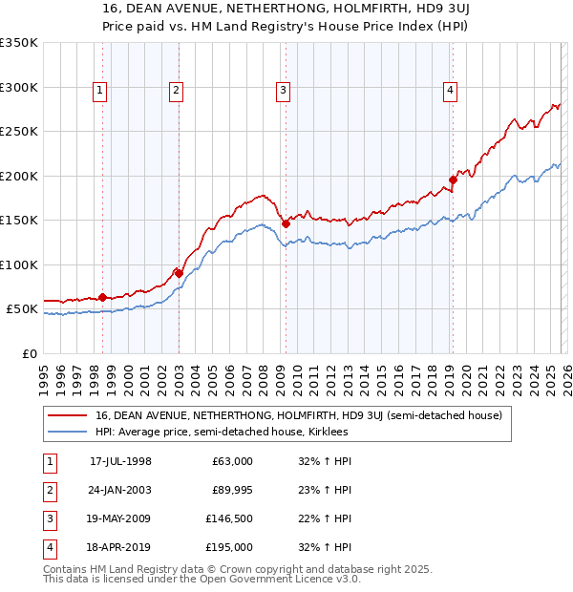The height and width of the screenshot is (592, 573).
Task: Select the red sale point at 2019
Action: pyautogui.click(x=453, y=180)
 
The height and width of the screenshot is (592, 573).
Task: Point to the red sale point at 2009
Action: pyautogui.click(x=286, y=223)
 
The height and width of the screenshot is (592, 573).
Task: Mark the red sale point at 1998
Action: pyautogui.click(x=102, y=297)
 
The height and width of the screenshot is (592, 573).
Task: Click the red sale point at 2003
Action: pyautogui.click(x=179, y=273)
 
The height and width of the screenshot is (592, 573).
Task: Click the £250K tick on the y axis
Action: pyautogui.click(x=19, y=132)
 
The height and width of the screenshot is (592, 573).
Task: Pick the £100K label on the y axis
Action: pyautogui.click(x=19, y=264)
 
